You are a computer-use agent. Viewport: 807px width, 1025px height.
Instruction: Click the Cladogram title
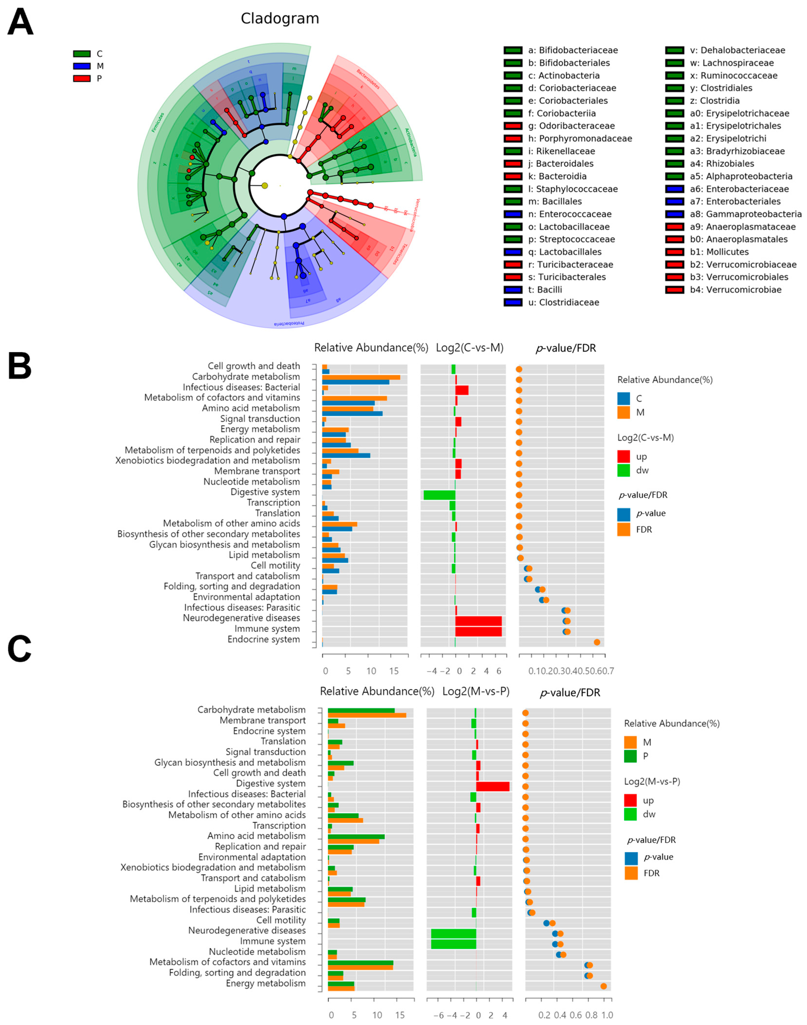pyautogui.click(x=280, y=19)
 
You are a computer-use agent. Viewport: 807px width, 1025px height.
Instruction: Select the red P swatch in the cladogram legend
pyautogui.click(x=82, y=79)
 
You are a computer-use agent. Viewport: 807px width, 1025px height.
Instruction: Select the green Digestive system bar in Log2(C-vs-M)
pyautogui.click(x=439, y=495)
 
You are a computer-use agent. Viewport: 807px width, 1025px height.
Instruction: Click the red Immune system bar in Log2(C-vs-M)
pyautogui.click(x=478, y=631)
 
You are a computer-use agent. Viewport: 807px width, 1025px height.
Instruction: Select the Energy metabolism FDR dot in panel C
pyautogui.click(x=603, y=986)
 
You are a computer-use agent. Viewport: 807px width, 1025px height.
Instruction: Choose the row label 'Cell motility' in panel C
pyautogui.click(x=281, y=920)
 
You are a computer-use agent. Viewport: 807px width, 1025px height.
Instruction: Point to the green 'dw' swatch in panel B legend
pyautogui.click(x=624, y=470)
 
